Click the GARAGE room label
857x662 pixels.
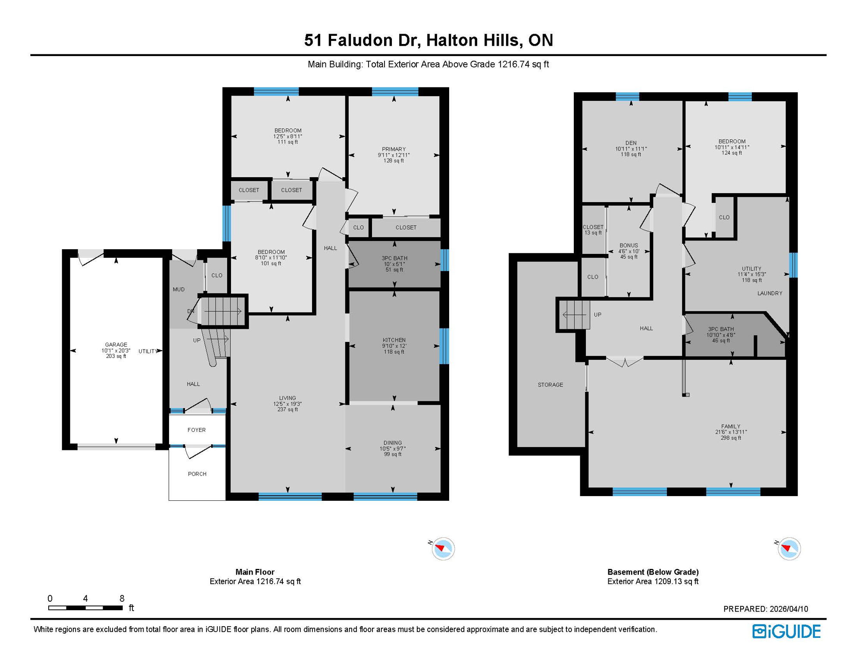(x=116, y=344)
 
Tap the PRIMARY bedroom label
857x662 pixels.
(x=394, y=149)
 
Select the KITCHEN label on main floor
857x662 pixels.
(x=394, y=340)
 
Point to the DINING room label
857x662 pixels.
(x=392, y=443)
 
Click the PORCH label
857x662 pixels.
(x=197, y=474)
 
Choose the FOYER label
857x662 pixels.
(x=197, y=430)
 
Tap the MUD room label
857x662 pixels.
(x=178, y=289)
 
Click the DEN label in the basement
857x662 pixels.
(x=631, y=143)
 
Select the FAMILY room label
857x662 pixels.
(x=731, y=426)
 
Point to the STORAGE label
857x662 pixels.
(x=550, y=384)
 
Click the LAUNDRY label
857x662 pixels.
(x=769, y=293)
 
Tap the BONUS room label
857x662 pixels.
(x=629, y=245)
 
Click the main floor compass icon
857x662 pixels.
(x=443, y=549)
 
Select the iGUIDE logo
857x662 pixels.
(x=786, y=631)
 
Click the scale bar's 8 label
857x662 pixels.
(x=122, y=598)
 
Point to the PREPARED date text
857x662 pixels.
(x=766, y=609)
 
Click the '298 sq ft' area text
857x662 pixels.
(x=731, y=438)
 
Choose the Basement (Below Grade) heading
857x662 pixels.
(x=653, y=572)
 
